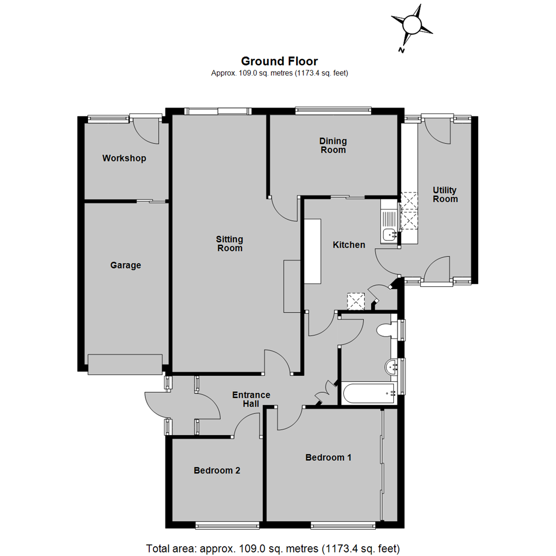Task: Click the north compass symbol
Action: (x=411, y=25)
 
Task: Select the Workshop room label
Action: (x=124, y=158)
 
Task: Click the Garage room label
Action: (x=126, y=265)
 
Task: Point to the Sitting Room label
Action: (x=230, y=244)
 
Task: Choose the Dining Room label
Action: (x=333, y=145)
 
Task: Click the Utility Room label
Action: (x=445, y=195)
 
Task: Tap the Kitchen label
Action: (x=349, y=245)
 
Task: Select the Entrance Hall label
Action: (x=251, y=399)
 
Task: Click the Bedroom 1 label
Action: (x=328, y=457)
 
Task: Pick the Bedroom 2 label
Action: (x=217, y=470)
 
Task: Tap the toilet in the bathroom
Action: (x=385, y=330)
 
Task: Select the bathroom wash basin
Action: (x=392, y=367)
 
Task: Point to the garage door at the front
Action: (x=125, y=364)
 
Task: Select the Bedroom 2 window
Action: (x=227, y=525)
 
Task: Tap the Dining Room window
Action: (x=333, y=109)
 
